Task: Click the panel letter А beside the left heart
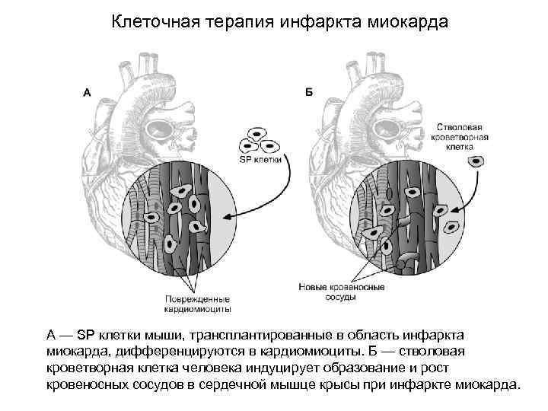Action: coord(87,93)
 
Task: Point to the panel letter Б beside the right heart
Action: coord(308,93)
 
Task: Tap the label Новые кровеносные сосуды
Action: coord(340,293)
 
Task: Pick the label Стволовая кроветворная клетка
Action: coord(462,135)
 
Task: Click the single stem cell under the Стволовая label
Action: coord(476,161)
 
